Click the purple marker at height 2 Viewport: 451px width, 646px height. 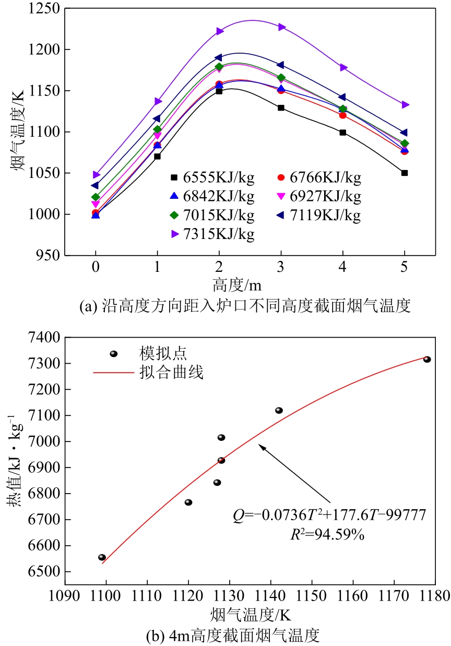219,31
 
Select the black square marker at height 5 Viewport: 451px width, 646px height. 405,173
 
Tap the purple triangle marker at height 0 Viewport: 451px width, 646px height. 96,175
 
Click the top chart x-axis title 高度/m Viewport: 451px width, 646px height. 236,285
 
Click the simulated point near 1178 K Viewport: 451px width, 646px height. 427,360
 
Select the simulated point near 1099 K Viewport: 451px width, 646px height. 102,557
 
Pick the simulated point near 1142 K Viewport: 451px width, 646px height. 279,410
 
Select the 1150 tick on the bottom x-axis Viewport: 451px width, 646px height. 312,595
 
